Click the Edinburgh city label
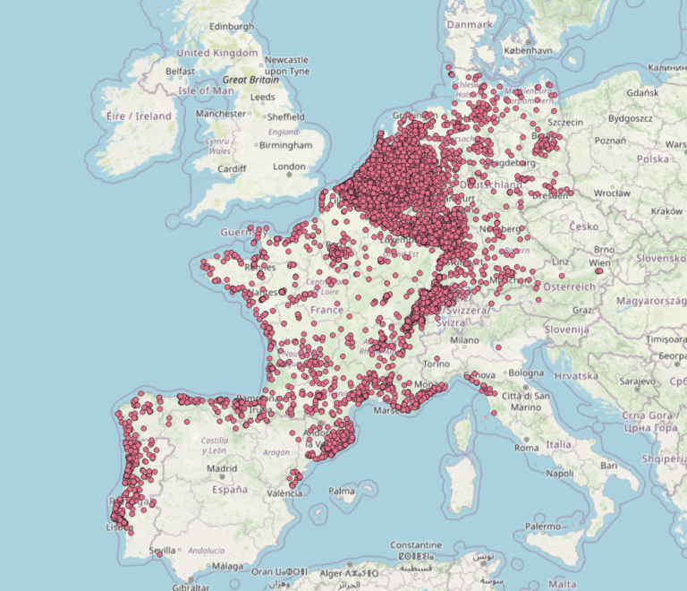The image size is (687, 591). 232,27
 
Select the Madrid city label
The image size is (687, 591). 222,468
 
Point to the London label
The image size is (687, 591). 289,167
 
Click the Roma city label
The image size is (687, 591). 526,447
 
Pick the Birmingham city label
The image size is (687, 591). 286,145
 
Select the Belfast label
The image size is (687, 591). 180,71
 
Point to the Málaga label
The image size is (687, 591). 228,566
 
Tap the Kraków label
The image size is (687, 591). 667,210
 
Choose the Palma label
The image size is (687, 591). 341,491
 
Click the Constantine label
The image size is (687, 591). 416,545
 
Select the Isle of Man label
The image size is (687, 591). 207,90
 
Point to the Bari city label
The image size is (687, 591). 610,467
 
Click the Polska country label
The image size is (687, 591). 653,158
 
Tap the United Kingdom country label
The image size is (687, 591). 216,53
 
